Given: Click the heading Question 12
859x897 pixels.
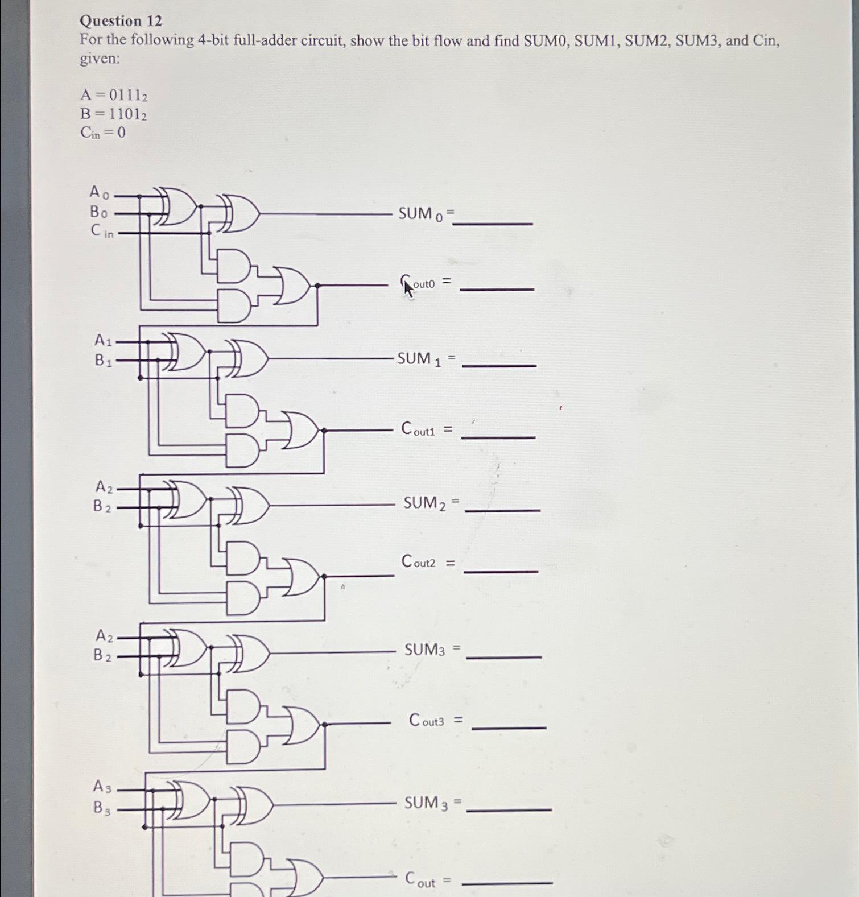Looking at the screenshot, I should click(121, 21).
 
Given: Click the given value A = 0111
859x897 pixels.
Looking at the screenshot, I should click(114, 95).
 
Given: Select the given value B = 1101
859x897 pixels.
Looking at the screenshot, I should click(113, 114).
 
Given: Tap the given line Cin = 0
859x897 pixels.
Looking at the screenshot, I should click(103, 133).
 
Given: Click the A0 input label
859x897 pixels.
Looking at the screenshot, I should click(99, 192).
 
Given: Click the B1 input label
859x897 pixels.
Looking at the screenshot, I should click(103, 360).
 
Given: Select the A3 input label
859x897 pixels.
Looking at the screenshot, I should click(102, 787).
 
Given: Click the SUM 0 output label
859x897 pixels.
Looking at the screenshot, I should click(424, 214).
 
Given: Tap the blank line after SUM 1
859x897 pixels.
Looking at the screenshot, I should click(499, 365).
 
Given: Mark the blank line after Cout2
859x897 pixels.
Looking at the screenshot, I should click(501, 571).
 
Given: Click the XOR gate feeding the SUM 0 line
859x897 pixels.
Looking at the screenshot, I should click(239, 213).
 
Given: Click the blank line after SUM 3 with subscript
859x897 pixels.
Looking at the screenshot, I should click(509, 809).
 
